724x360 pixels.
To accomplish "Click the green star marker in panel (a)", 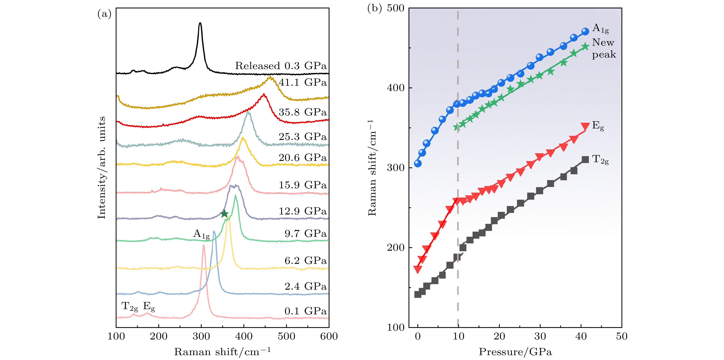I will [x=224, y=214].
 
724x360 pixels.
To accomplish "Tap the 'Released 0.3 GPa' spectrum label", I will [x=281, y=66].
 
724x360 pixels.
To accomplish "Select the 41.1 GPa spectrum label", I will [x=303, y=82].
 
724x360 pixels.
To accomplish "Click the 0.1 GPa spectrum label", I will [x=306, y=311].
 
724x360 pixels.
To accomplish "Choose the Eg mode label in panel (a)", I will [x=149, y=307].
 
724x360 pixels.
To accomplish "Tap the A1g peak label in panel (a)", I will [x=201, y=234].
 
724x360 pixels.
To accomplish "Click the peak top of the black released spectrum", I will [x=200, y=23].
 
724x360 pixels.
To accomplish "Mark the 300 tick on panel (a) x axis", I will [x=201, y=336].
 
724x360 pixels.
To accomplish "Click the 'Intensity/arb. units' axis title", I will [x=101, y=168].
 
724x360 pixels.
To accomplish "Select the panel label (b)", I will [x=374, y=8].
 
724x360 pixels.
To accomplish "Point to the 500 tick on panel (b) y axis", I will [x=396, y=8].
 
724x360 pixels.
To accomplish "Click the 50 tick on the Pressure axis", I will [x=621, y=336].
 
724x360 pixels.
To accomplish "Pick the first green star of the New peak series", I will [x=457, y=127].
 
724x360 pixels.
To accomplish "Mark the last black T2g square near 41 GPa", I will [x=585, y=159].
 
